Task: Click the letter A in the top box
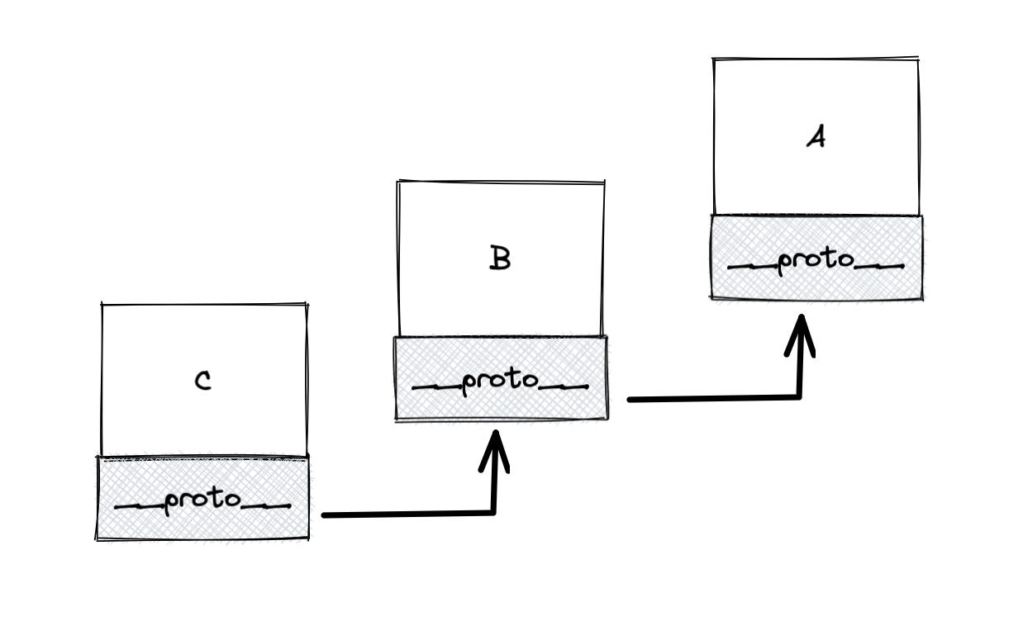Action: pos(816,137)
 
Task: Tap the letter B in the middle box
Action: pos(500,259)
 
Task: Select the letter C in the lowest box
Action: pos(202,381)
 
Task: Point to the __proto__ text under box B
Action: pos(500,382)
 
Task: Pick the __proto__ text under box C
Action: pos(202,501)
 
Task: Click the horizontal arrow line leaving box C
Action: pos(405,514)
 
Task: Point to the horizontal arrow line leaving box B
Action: pos(711,399)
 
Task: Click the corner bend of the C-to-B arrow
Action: pos(493,512)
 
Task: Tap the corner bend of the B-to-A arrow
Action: pos(799,396)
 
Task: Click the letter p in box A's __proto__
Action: pos(786,262)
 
